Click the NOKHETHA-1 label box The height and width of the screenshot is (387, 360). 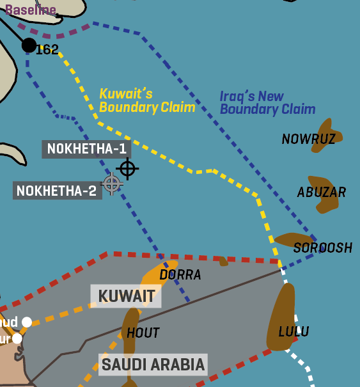click(x=86, y=150)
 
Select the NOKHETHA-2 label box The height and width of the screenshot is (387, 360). click(x=57, y=191)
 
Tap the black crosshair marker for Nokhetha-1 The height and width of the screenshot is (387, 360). click(x=127, y=168)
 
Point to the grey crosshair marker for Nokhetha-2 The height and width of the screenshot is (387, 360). click(x=112, y=184)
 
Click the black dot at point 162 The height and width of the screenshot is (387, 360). click(x=29, y=45)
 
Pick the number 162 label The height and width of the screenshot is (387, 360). click(x=47, y=50)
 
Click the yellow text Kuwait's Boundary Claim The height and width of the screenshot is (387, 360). click(x=146, y=101)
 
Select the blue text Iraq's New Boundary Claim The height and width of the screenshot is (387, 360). click(x=267, y=103)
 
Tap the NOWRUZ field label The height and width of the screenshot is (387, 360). click(x=308, y=139)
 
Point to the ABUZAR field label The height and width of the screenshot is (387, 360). click(x=322, y=192)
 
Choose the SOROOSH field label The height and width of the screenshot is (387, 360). click(x=323, y=248)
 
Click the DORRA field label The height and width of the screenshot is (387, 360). click(x=180, y=275)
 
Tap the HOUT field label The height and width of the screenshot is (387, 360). click(x=143, y=333)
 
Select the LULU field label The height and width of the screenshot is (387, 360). click(x=293, y=331)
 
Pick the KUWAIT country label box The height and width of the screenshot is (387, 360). click(x=126, y=296)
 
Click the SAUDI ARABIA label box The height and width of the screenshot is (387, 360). click(x=153, y=365)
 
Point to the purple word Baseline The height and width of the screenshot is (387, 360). click(x=30, y=10)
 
